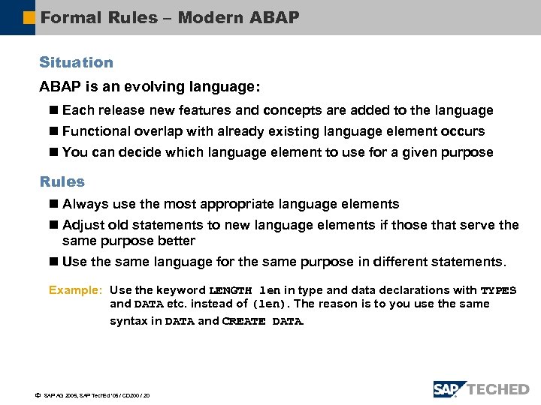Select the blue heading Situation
(76, 62)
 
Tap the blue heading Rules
(62, 181)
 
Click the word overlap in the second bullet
(158, 131)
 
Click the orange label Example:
(75, 290)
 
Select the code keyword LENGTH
(231, 290)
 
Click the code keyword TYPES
(498, 290)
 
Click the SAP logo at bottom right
(449, 388)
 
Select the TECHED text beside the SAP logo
(498, 389)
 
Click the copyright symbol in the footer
(38, 394)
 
